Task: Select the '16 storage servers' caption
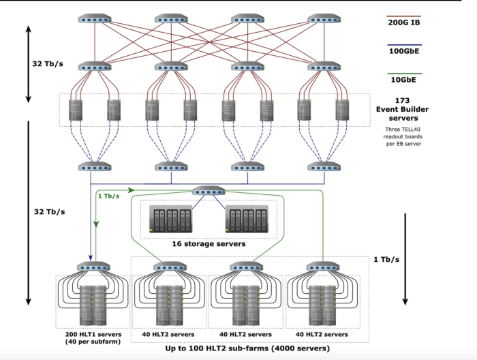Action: (209, 243)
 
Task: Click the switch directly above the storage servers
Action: (209, 191)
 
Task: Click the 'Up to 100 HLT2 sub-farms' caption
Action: (247, 348)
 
